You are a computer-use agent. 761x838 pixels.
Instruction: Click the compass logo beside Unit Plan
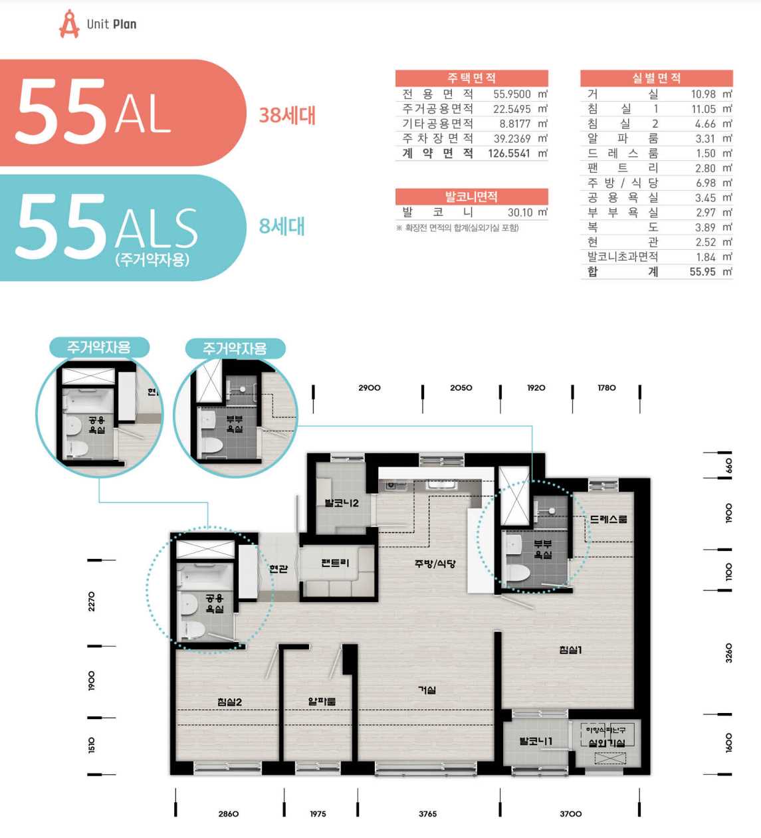click(69, 24)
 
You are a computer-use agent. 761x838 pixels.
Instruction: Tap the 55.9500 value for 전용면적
click(512, 94)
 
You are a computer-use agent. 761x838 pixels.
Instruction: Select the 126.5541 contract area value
click(509, 154)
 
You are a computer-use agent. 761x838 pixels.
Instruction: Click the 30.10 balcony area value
click(520, 212)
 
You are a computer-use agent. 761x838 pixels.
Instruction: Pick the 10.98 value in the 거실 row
click(703, 94)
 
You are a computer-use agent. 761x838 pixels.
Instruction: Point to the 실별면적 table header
click(657, 78)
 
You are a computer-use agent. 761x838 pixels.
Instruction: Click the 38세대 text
click(287, 116)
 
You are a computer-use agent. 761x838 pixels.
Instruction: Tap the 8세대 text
click(282, 226)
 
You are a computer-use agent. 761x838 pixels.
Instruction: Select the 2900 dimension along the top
click(370, 387)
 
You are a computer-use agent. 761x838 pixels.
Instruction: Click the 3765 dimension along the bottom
click(427, 814)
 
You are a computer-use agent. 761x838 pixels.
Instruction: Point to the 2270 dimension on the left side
click(92, 601)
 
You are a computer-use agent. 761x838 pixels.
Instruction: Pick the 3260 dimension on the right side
click(729, 653)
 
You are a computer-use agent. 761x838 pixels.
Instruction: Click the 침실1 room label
click(570, 649)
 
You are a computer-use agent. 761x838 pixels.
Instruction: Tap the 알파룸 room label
click(322, 701)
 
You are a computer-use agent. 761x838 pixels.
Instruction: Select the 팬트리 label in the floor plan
click(335, 563)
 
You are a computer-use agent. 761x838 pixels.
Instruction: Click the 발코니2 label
click(342, 503)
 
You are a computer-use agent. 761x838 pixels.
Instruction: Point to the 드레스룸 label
click(608, 519)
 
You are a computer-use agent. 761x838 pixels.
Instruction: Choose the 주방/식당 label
click(435, 564)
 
